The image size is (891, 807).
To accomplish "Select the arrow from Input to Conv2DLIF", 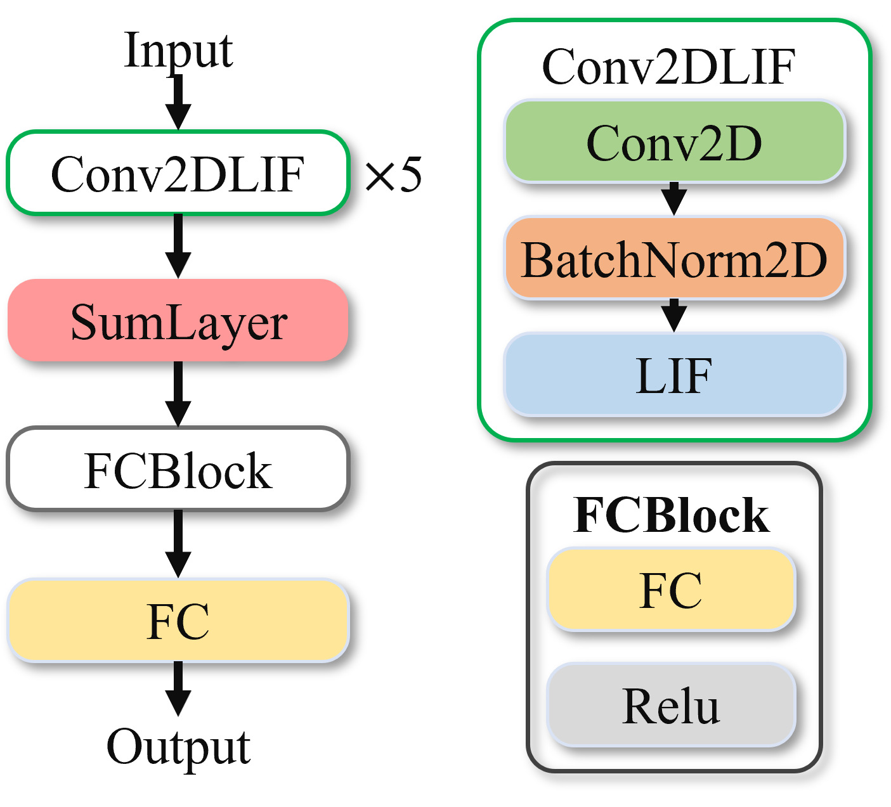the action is (x=178, y=101).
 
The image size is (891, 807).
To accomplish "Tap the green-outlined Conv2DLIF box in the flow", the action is (x=178, y=173).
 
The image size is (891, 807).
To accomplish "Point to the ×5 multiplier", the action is (x=393, y=174).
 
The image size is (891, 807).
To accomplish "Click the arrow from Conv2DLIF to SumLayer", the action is (x=178, y=246).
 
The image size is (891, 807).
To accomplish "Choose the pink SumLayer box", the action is (x=178, y=320).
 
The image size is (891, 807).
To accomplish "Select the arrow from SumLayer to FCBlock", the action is (x=178, y=394).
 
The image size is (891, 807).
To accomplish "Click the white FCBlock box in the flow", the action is (x=178, y=468).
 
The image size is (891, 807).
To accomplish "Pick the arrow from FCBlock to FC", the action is (x=178, y=544).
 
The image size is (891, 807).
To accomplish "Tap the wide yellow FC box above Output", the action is (x=178, y=620).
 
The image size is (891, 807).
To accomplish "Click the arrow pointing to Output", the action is (x=178, y=688).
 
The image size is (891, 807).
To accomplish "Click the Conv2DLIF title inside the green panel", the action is (x=668, y=67).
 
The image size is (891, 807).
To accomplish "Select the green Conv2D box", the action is (x=674, y=141).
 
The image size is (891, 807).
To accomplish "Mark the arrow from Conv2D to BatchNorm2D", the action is (x=674, y=198).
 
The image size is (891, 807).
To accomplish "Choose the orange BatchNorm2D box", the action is (x=674, y=257).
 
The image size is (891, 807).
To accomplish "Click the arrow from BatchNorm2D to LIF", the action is (x=674, y=315).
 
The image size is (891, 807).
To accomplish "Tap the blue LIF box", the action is (x=674, y=375).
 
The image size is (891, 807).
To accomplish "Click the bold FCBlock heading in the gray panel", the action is (x=671, y=515).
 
